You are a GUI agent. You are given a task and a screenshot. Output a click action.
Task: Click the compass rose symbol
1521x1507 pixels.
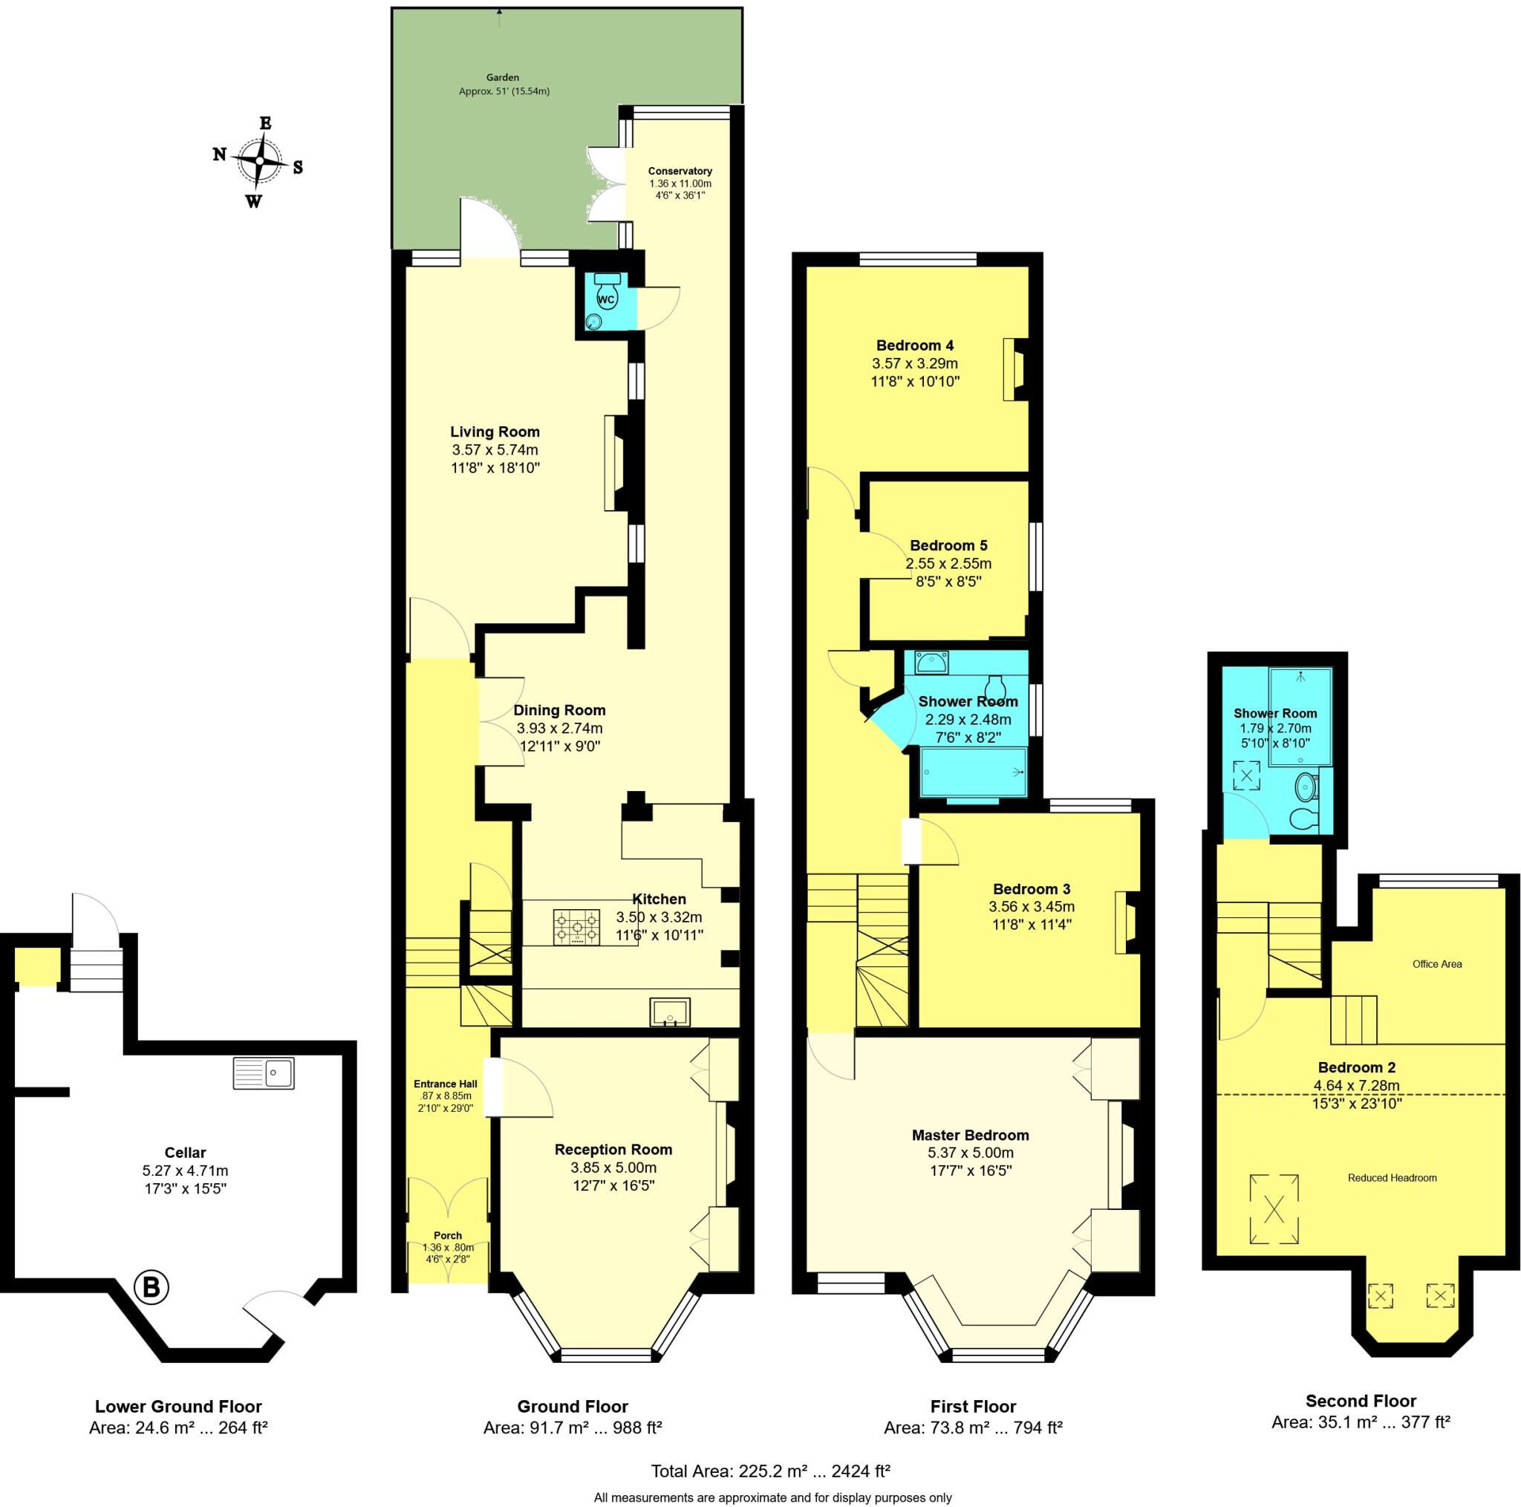[258, 160]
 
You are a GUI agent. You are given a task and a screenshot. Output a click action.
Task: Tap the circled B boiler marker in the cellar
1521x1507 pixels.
[152, 1287]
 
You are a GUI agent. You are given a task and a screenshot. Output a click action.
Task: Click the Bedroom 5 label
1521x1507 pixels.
[948, 546]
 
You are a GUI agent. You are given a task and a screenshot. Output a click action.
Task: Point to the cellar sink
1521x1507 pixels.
[264, 1073]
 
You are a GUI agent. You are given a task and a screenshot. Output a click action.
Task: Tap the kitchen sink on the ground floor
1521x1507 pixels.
[670, 1012]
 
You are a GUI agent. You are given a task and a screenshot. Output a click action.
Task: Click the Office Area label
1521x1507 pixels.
[1437, 964]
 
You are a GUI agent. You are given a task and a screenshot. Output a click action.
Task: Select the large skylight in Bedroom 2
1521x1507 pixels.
[1274, 1208]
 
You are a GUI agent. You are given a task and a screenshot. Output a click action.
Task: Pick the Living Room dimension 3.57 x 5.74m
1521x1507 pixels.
[495, 450]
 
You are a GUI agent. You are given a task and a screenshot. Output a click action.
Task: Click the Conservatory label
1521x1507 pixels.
[680, 171]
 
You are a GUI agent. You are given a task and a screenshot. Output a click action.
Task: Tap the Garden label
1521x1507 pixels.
[502, 77]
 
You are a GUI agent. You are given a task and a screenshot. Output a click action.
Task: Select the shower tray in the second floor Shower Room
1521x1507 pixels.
[1300, 717]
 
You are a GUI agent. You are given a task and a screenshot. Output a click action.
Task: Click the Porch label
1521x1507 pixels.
[448, 1235]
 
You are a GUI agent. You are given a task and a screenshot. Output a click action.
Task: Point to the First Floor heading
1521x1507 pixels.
[973, 1406]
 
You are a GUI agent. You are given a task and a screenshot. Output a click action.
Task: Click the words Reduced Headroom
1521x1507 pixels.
[1392, 1178]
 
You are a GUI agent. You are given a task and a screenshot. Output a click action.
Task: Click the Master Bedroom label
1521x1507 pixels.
[970, 1136]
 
